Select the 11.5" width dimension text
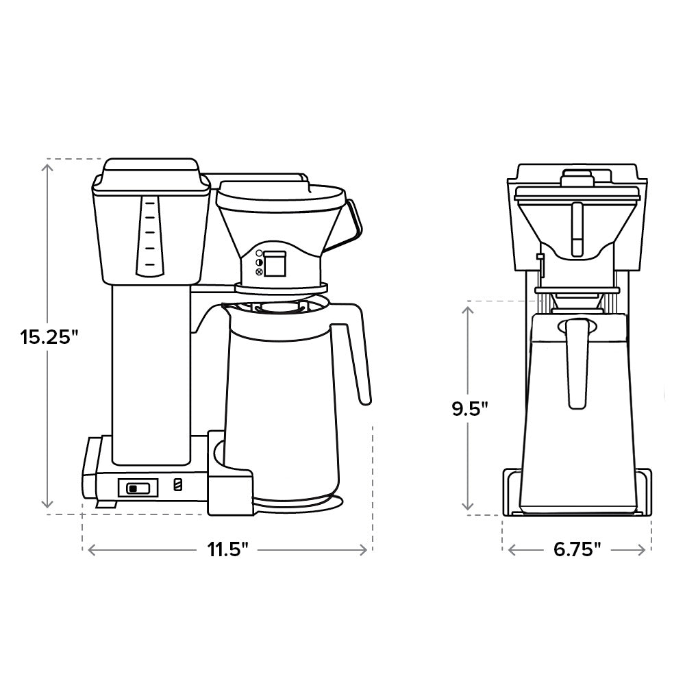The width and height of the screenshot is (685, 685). tap(228, 550)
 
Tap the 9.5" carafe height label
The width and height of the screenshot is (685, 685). tap(469, 409)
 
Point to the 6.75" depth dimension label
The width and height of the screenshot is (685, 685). tap(577, 549)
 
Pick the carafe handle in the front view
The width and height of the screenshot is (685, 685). tap(577, 363)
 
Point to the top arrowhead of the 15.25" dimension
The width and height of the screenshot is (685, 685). tap(48, 164)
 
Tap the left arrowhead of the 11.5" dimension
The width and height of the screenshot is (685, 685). tap(88, 550)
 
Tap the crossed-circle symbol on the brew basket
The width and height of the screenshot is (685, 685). tap(259, 272)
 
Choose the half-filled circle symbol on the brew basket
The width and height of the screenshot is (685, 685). tap(259, 262)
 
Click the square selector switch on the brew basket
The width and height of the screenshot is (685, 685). tap(275, 264)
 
